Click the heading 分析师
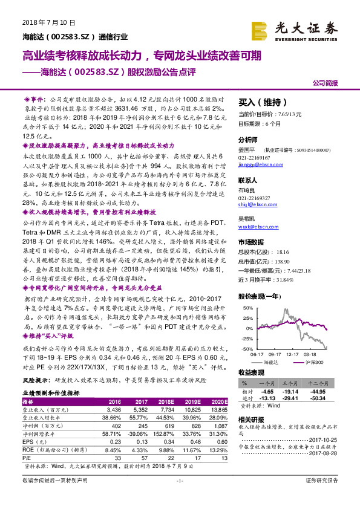[248, 138]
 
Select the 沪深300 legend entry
[316, 361]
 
